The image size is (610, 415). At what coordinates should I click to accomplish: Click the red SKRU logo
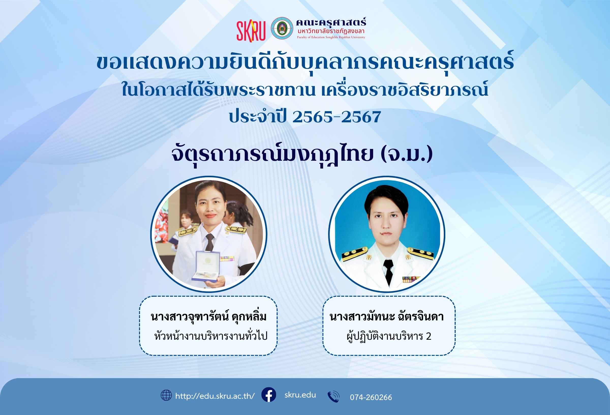point(251,31)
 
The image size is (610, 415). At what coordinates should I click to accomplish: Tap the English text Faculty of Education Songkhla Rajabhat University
point(331,37)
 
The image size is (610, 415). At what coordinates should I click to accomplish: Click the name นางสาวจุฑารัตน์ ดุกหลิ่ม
point(209,317)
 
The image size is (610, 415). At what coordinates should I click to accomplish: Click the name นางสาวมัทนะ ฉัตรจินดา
point(387,317)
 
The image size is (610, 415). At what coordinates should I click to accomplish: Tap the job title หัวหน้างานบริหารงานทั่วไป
point(211,336)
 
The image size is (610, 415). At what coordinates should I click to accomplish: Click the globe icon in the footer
point(166,395)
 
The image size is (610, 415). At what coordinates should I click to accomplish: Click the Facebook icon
point(269,394)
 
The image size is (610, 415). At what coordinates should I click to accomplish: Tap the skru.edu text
point(300,395)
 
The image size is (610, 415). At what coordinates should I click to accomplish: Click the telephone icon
point(334,397)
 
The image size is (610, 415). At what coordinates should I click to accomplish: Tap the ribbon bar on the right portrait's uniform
point(411,279)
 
